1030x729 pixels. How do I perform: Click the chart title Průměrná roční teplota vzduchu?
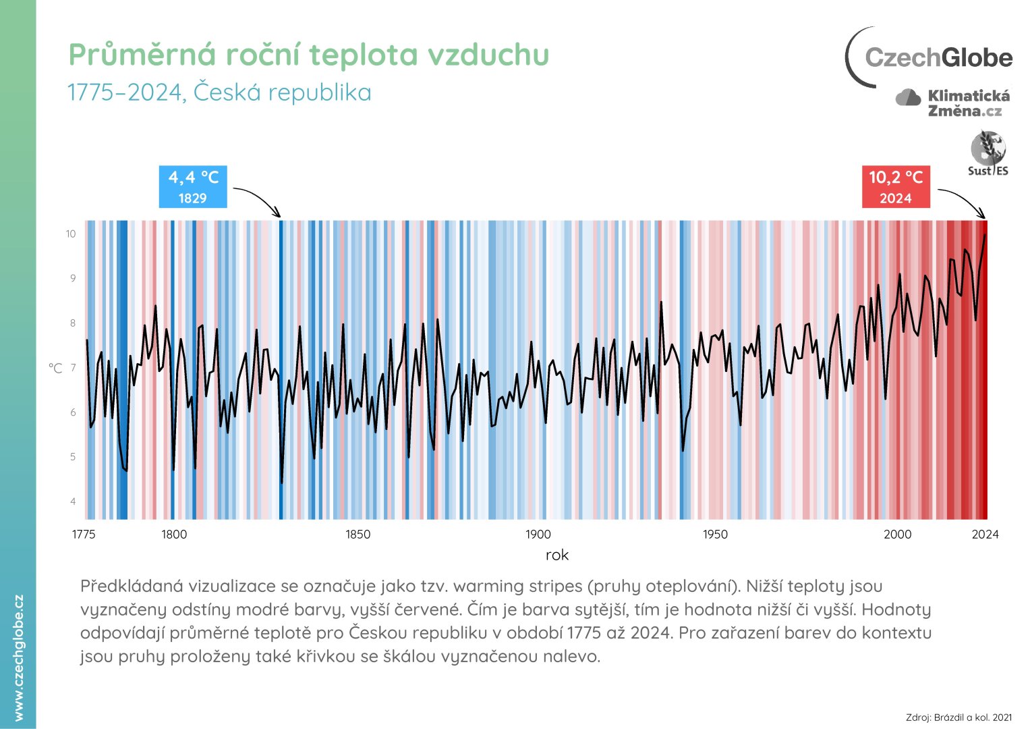[309, 55]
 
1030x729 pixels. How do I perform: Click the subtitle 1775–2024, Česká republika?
[219, 92]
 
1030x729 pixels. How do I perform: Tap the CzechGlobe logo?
[929, 57]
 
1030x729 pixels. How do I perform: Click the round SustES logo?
[988, 153]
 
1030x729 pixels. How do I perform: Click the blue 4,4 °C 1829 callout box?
[193, 187]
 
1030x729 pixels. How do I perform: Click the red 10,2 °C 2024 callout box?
[895, 187]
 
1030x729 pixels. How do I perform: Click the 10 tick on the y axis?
[71, 234]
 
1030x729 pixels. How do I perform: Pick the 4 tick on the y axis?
[73, 502]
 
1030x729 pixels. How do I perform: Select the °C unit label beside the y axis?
[55, 368]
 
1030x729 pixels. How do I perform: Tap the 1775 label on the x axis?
[84, 535]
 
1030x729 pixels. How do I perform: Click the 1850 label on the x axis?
[357, 535]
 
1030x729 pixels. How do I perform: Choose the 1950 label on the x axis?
[715, 535]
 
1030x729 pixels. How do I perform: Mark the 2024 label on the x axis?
[985, 535]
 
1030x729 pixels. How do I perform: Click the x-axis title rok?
[557, 555]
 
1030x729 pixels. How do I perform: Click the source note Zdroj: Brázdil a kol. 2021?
[959, 717]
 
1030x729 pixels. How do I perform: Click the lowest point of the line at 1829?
[281, 482]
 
